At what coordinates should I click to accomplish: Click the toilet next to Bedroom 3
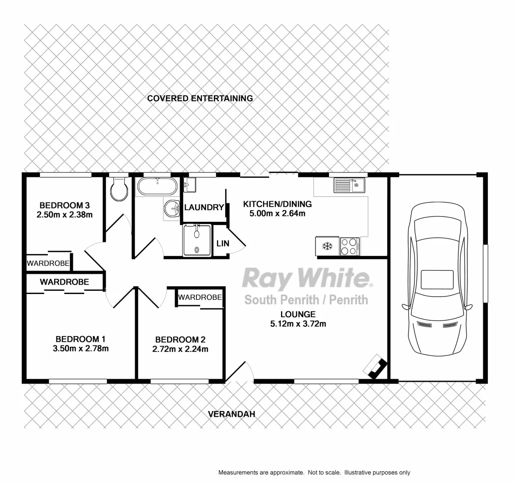coord(119,190)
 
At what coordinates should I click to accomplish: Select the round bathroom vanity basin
coord(171,208)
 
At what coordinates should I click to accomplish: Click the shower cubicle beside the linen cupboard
coord(196,240)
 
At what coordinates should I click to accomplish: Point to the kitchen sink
coord(349,184)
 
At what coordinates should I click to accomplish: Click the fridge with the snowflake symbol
coord(328,246)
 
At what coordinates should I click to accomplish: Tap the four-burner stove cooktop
coord(350,246)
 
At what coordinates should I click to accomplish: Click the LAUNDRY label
coord(204,207)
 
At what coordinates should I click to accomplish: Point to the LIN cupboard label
coord(222,243)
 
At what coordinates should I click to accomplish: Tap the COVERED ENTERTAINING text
coord(200,98)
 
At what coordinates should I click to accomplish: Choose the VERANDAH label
coord(231,414)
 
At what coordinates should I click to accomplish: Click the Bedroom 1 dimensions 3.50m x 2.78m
coord(81,348)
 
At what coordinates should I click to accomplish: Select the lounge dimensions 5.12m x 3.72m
coord(298,324)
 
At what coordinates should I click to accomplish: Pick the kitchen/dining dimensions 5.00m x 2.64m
coord(277,213)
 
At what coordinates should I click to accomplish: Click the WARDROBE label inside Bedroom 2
coord(200,297)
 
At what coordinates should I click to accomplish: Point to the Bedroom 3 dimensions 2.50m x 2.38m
coord(64,215)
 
